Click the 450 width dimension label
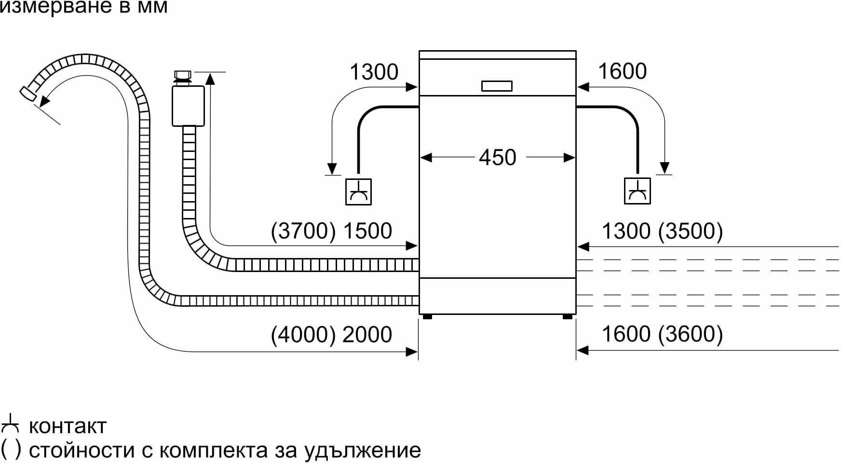pyautogui.click(x=498, y=157)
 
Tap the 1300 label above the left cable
pyautogui.click(x=374, y=72)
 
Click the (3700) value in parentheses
pyautogui.click(x=303, y=231)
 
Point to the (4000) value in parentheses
pyautogui.click(x=303, y=335)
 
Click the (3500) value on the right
pyautogui.click(x=691, y=231)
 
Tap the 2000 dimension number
pyautogui.click(x=367, y=335)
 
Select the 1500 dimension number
pyautogui.click(x=367, y=231)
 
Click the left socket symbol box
pyautogui.click(x=358, y=192)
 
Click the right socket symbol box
pyautogui.click(x=637, y=191)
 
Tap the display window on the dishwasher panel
pyautogui.click(x=497, y=86)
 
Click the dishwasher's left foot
pyautogui.click(x=426, y=317)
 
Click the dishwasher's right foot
pyautogui.click(x=568, y=317)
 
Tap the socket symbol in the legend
pyautogui.click(x=10, y=426)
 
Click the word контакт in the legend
pyautogui.click(x=68, y=426)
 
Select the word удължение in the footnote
pyautogui.click(x=363, y=450)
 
